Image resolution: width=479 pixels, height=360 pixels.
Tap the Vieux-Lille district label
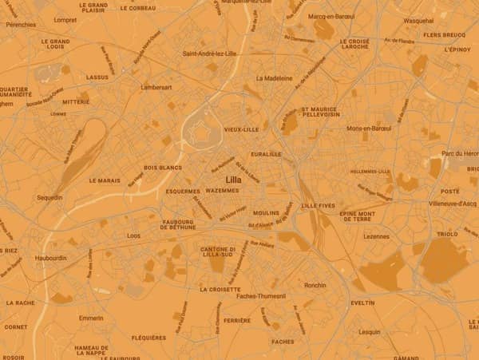pos(241,129)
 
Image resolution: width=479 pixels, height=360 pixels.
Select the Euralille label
pos(266,154)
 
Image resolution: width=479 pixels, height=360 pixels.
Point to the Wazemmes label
pos(222,192)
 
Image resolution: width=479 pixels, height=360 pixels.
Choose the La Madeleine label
pos(271,78)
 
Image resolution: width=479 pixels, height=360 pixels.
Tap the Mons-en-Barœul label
pos(369,128)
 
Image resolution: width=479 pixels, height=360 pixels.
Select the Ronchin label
pos(315,285)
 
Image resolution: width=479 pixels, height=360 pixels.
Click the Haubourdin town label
pos(52,259)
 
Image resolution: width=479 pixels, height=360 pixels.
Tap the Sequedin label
pos(49,196)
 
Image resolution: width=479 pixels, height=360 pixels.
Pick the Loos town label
pos(133,235)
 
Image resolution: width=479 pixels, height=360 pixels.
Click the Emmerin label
pos(91,318)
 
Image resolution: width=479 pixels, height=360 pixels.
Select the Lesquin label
pos(370,331)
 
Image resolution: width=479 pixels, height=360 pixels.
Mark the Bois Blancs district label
pos(162,168)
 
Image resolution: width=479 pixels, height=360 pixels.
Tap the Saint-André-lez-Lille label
pos(210,53)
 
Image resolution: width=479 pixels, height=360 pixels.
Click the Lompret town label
pos(65,20)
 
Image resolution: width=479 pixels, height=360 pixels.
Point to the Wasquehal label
pos(418,21)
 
